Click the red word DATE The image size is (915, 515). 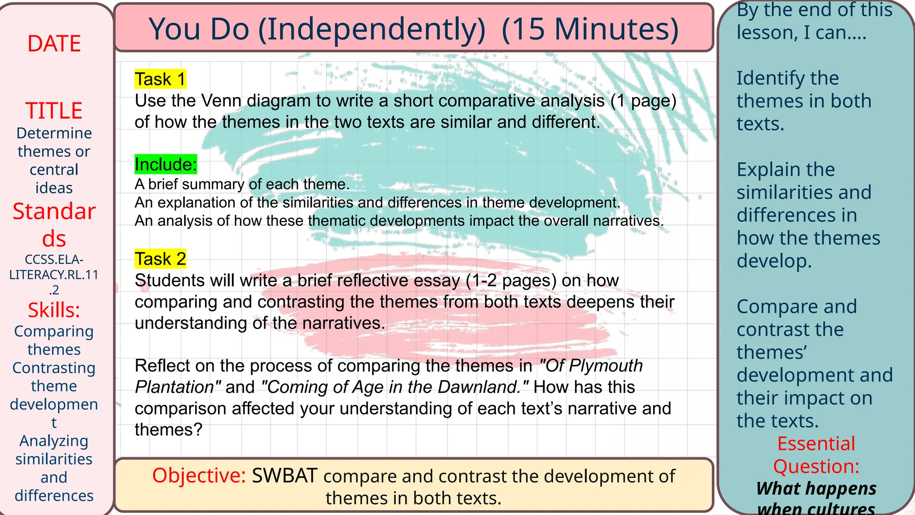pos(54,44)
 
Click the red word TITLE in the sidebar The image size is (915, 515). pos(54,110)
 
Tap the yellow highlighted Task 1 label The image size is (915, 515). pos(160,79)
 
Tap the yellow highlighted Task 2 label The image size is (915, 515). pos(160,259)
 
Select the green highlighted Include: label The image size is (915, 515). pos(165,165)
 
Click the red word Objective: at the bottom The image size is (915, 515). pos(199,475)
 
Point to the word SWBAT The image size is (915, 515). pos(285,476)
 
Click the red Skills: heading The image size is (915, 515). pos(54,310)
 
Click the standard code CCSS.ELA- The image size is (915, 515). pos(54,259)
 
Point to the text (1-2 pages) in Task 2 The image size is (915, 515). pos(511,280)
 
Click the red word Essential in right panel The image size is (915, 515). pos(816,443)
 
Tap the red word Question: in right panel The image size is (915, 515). pos(816,466)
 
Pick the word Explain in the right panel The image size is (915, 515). pos(763,170)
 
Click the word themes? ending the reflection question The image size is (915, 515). pos(168,430)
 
